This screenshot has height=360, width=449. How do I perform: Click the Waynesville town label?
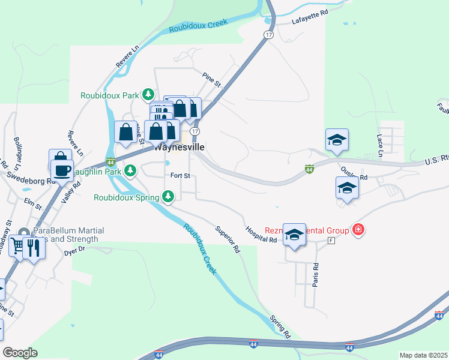(x=179, y=147)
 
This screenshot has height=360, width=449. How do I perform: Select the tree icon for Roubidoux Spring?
(x=169, y=196)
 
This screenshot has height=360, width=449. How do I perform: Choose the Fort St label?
(x=180, y=176)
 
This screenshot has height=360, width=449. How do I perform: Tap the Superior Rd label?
(x=228, y=238)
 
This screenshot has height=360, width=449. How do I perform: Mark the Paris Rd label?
(x=315, y=273)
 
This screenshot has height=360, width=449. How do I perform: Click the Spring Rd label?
(x=280, y=326)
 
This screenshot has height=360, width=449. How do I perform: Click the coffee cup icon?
(x=62, y=170)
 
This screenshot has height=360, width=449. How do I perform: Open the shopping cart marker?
(x=17, y=245)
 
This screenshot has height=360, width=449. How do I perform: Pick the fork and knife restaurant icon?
(x=34, y=247)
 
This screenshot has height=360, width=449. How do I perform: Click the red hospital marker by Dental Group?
(x=358, y=229)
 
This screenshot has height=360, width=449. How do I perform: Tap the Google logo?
(x=20, y=353)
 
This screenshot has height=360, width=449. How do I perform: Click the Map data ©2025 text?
(x=423, y=355)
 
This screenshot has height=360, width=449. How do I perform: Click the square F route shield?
(x=331, y=241)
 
